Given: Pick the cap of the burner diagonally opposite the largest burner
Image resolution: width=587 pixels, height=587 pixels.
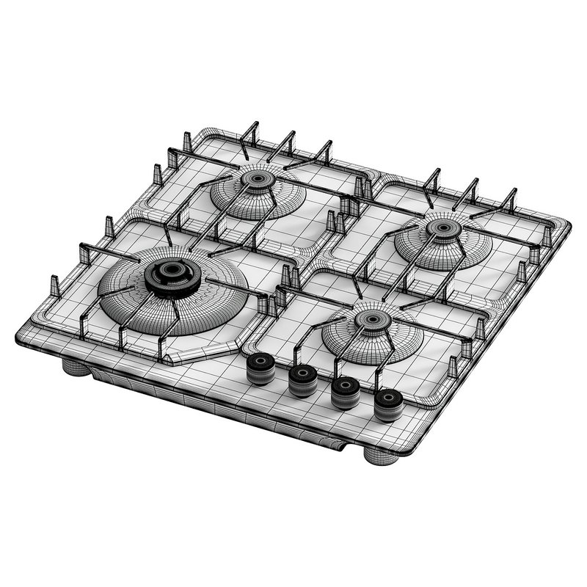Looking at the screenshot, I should tap(444, 227).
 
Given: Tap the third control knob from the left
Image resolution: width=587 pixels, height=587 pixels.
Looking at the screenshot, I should tap(344, 392).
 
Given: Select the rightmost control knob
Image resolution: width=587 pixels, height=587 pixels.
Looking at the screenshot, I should tap(387, 404).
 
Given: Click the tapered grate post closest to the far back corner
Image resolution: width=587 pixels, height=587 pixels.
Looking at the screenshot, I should tap(186, 141).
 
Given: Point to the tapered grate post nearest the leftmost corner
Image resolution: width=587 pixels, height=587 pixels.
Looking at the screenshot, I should tap(54, 285).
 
